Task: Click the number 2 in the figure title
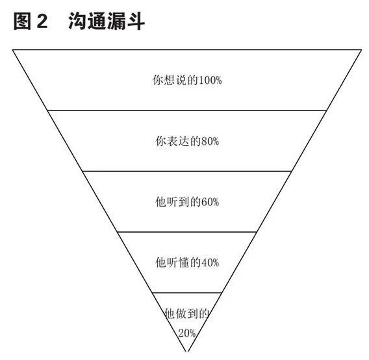pyautogui.click(x=42, y=21)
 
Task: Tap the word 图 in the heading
pyautogui.click(x=22, y=21)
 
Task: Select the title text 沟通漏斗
pyautogui.click(x=107, y=21)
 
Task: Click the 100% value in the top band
pyautogui.click(x=210, y=81)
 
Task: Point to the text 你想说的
pyautogui.click(x=175, y=81)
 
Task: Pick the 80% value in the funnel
pyautogui.click(x=210, y=141)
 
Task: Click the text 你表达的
pyautogui.click(x=178, y=141)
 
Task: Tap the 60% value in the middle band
pyautogui.click(x=210, y=202)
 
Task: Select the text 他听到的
pyautogui.click(x=178, y=202)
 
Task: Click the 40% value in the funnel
pyautogui.click(x=210, y=263)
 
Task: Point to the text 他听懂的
pyautogui.click(x=178, y=263)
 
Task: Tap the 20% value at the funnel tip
pyautogui.click(x=187, y=333)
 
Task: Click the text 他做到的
pyautogui.click(x=187, y=314)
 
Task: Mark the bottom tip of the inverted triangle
pyautogui.click(x=187, y=351)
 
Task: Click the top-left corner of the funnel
pyautogui.click(x=13, y=49)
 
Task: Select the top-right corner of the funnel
pyautogui.click(x=361, y=49)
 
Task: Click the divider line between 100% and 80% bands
pyautogui.click(x=187, y=110)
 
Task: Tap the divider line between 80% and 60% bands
pyautogui.click(x=187, y=171)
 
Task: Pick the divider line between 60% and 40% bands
pyautogui.click(x=187, y=232)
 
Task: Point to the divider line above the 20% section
pyautogui.click(x=187, y=293)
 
